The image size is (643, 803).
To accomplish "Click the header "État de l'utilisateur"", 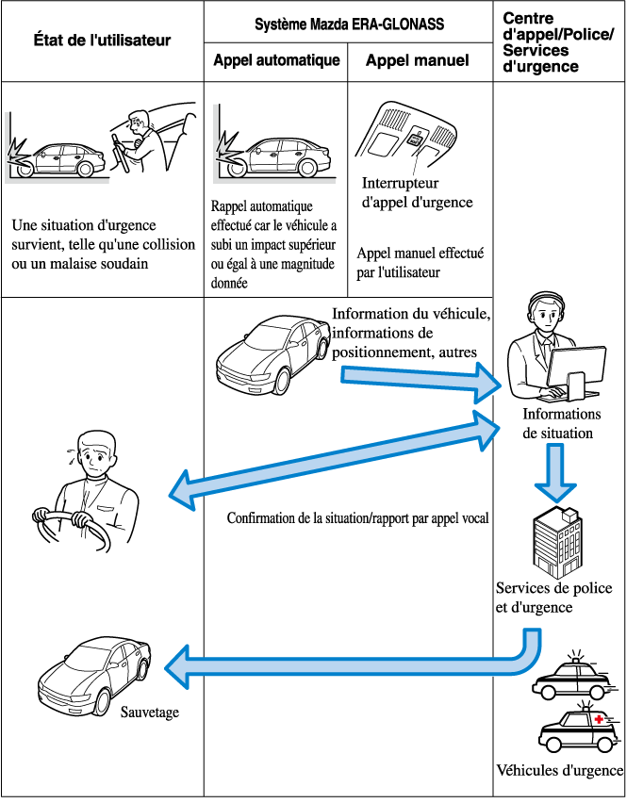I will click(x=102, y=41).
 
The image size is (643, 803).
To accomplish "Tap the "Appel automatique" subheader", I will click(x=275, y=61).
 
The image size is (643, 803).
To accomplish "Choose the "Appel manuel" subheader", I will click(x=418, y=61).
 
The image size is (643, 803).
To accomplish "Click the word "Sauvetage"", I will click(x=149, y=713).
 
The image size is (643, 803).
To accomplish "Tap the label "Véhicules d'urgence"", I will click(x=559, y=770).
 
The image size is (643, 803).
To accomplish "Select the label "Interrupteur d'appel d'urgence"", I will click(x=416, y=193).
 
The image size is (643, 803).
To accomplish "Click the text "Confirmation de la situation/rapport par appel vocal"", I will click(x=357, y=519).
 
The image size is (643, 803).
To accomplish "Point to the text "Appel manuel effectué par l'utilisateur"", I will click(x=420, y=263).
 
